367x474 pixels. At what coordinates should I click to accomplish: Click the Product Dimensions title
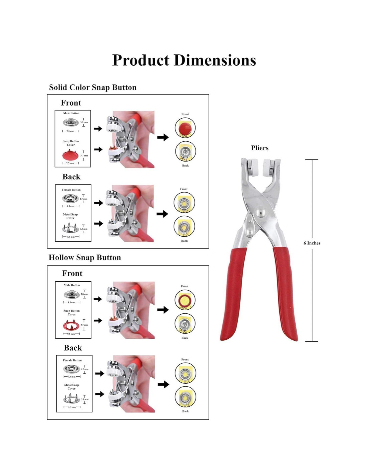pos(184,61)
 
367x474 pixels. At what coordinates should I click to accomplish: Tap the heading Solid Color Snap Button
pos(92,87)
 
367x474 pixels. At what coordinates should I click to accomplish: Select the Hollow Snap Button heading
pos(85,258)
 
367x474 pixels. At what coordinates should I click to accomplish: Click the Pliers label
pos(260,148)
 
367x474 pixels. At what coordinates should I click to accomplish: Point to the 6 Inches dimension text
pos(312,243)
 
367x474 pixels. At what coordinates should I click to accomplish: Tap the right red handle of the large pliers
pos(286,293)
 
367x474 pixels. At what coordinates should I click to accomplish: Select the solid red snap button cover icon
pos(70,155)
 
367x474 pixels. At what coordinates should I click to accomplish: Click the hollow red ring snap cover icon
pos(71,326)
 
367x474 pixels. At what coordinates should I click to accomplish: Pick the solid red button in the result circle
pos(185,128)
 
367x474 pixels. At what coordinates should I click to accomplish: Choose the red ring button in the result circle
pos(185,300)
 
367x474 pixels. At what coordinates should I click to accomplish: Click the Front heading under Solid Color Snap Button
pos(71,103)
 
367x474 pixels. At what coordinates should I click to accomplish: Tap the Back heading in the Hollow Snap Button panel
pos(73,348)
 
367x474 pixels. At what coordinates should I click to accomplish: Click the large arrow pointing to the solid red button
pos(163,137)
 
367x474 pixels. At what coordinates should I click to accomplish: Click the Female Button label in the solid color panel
pos(71,190)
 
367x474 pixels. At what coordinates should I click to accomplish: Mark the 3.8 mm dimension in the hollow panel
pos(84,294)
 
